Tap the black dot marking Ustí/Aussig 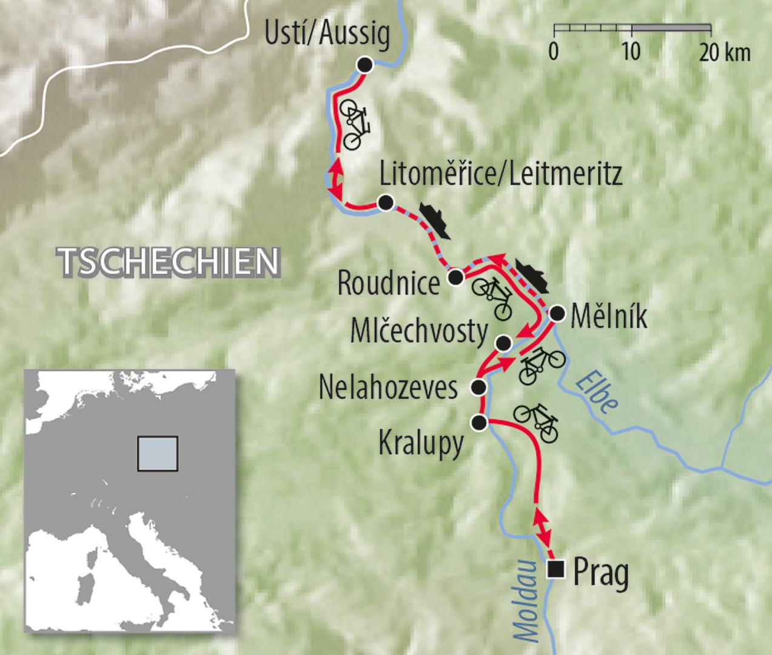364,65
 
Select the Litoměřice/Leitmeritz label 501,175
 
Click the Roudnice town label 388,283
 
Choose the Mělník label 609,317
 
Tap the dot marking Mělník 556,314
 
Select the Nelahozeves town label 388,388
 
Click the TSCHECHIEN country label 170,261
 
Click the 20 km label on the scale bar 725,53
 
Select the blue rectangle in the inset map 158,454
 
